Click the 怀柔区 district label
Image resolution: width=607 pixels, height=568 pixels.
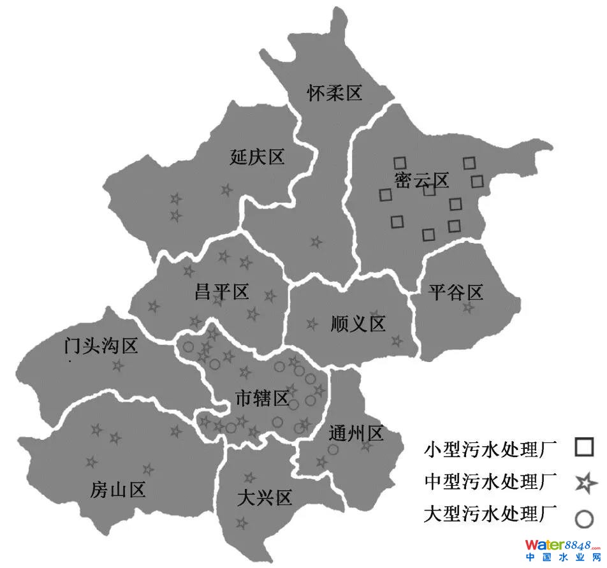coord(334,94)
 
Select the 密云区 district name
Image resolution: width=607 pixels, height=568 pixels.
coord(421,180)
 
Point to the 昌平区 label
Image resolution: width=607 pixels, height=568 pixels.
coord(221,293)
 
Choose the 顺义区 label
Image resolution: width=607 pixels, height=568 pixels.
coord(358,324)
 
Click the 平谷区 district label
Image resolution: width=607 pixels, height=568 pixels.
coord(456,293)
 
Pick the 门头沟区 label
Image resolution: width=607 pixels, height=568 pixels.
coord(101,347)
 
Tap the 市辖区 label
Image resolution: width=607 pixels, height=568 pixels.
coord(262,400)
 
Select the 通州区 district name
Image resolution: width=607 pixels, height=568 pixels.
coord(356,435)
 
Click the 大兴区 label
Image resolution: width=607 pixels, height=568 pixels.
coord(264,497)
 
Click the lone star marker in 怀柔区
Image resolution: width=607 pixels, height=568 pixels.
coord(316,242)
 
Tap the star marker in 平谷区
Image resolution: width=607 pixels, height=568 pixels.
coord(469,308)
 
